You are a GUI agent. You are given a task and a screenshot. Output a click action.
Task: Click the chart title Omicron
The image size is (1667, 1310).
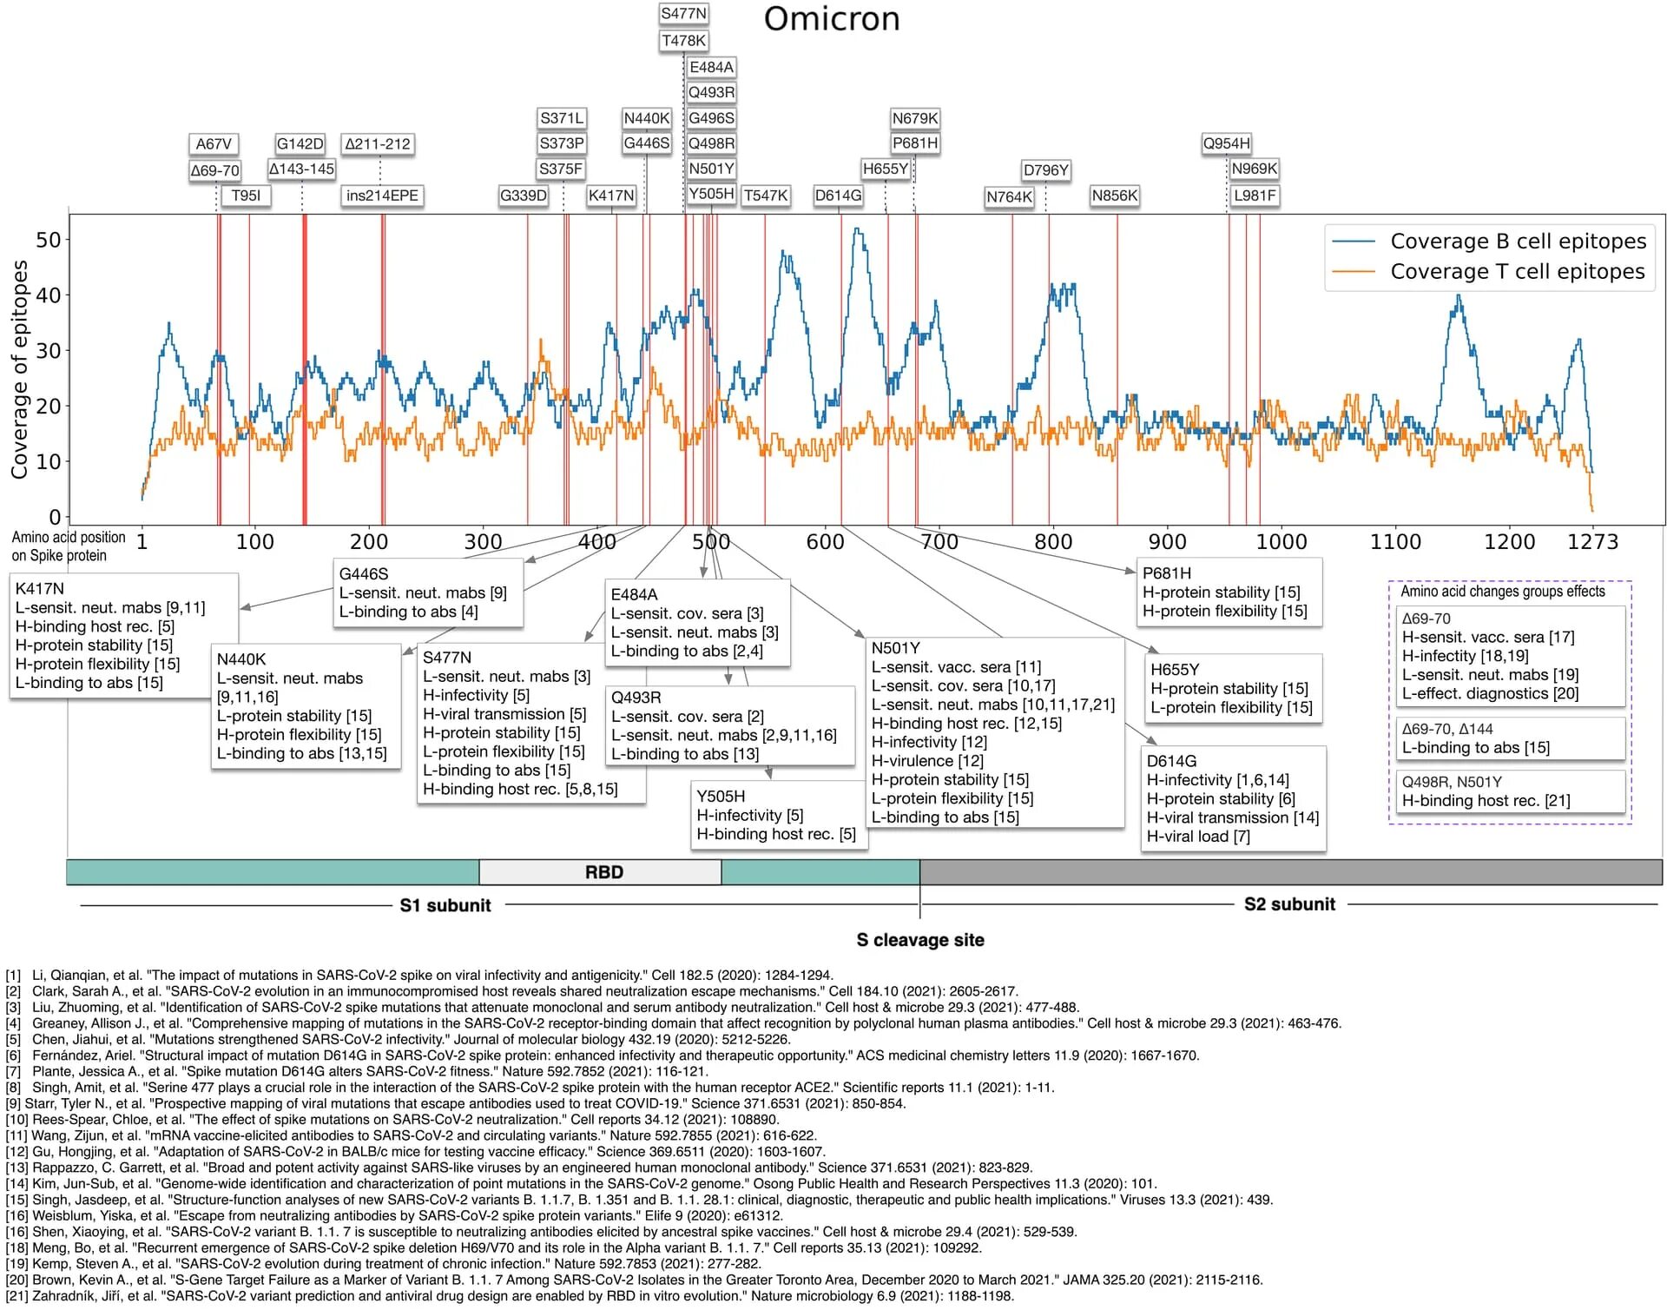[831, 19]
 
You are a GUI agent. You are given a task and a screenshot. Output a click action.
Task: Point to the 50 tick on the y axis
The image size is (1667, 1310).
[49, 240]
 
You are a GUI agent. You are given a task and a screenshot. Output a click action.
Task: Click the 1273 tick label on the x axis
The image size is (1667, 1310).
[1592, 542]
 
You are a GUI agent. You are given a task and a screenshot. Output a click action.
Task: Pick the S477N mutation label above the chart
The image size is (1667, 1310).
[683, 14]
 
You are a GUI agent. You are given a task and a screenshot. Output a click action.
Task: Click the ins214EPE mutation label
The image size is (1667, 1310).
[382, 195]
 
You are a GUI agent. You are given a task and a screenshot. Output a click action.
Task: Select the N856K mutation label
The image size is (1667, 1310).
[1114, 195]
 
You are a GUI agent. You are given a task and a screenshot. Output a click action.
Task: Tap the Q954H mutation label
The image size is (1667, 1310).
[1226, 143]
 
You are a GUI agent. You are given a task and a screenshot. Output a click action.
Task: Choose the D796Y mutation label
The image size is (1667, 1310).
[1045, 170]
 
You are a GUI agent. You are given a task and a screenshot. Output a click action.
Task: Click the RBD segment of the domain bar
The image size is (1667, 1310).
[603, 872]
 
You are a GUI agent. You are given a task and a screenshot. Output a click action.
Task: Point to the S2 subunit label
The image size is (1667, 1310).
[1289, 904]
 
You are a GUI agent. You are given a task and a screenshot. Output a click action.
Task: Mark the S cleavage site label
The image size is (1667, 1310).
[920, 940]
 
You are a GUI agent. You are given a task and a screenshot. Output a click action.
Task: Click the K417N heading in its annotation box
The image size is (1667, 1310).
[40, 589]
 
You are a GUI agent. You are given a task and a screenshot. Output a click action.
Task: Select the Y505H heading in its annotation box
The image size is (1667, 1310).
[721, 797]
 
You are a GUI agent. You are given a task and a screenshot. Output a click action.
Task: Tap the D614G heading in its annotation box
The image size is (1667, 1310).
[1171, 761]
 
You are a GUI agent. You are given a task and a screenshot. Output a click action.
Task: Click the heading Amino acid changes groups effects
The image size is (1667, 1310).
[1503, 592]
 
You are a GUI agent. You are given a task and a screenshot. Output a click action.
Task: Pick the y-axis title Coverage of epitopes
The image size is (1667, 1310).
[19, 369]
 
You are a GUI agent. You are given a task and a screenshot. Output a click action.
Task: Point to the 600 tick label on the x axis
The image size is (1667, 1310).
[825, 542]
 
